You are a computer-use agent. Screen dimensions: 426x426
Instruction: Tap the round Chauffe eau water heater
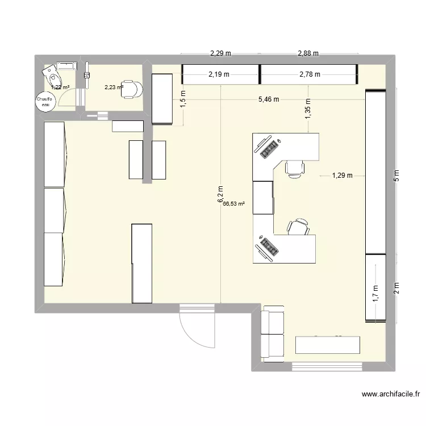coord(45,101)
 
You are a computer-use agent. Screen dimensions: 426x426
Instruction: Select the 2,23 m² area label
coord(114,87)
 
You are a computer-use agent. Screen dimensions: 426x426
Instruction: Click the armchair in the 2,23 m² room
coord(133,89)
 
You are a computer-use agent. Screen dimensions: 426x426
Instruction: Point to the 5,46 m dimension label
coord(269,99)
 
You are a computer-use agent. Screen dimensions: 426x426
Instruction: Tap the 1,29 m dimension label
coord(342,176)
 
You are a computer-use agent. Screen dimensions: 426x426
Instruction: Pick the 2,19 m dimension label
coord(219,74)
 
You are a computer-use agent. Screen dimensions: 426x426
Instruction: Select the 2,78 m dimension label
coord(310,74)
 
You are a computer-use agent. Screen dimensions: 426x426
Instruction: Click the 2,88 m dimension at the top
coord(308,54)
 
